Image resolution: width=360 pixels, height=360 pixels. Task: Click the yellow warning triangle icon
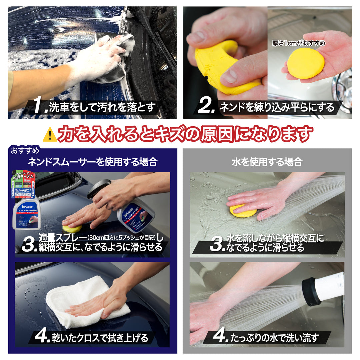[50, 135]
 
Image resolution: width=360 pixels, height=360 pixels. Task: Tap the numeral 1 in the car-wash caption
[40, 107]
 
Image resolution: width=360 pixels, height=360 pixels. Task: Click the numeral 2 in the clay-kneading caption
[206, 107]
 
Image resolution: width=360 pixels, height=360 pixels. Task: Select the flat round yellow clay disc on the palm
[306, 63]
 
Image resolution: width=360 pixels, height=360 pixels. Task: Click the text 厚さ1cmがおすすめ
[298, 43]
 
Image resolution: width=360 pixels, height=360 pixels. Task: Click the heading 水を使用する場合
[267, 162]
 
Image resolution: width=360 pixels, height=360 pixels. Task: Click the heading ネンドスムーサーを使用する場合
[92, 162]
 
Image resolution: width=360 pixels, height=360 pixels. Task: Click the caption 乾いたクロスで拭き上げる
[100, 338]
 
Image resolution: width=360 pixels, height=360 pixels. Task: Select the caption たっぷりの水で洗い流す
[274, 338]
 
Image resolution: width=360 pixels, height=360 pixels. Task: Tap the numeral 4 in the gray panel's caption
[220, 337]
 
